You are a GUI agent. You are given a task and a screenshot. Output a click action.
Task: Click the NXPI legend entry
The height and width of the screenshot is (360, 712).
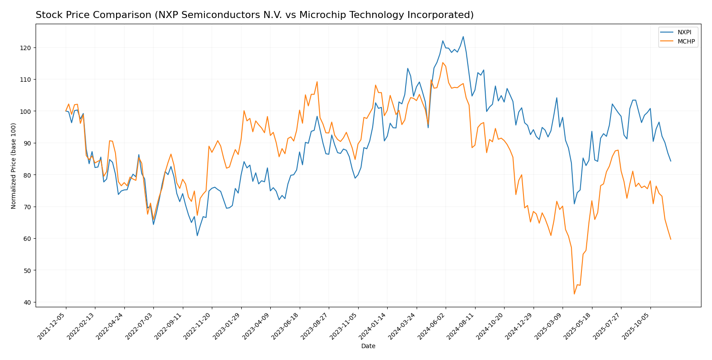coord(684,33)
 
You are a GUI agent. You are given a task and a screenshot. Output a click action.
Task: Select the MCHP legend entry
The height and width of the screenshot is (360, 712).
coord(686,42)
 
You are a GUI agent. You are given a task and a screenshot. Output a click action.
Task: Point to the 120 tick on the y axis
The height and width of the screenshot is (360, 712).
coord(27,47)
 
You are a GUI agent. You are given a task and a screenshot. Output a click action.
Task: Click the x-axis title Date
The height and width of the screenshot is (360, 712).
coord(368,346)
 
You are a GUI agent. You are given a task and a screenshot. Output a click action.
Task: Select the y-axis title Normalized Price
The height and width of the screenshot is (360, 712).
coord(14,165)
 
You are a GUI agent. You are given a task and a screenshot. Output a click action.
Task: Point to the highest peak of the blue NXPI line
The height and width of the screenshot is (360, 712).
coord(463,36)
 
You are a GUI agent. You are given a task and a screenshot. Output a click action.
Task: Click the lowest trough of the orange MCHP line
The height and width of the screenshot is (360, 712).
coord(574,294)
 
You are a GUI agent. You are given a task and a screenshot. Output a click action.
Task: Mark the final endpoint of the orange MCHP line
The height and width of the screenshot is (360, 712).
coord(671,239)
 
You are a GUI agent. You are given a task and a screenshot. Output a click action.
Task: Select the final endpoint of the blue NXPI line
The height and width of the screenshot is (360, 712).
coord(671,161)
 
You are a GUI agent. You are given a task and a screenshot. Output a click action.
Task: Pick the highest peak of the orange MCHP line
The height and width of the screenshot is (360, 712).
coord(443,62)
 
